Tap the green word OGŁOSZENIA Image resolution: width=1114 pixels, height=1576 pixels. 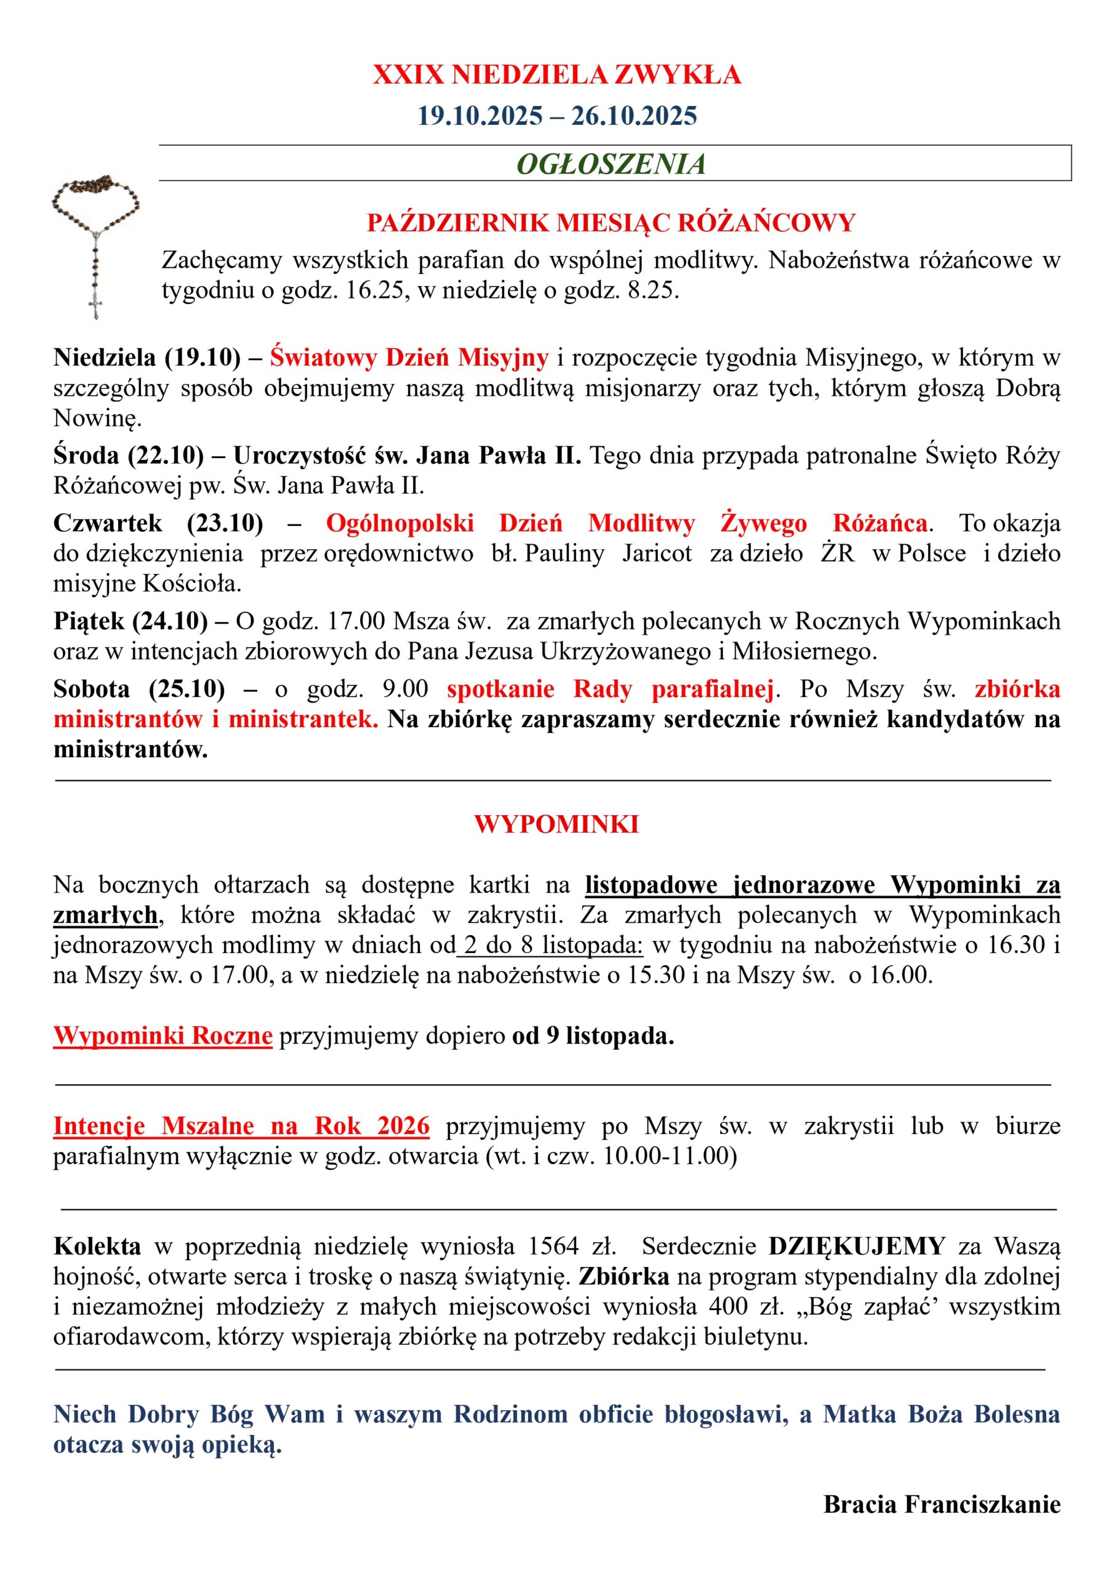coord(611,164)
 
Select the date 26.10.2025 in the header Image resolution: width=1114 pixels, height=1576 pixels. coord(633,116)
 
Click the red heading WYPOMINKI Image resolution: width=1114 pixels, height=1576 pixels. coord(556,824)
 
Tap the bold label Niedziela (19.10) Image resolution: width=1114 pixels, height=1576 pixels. coord(147,358)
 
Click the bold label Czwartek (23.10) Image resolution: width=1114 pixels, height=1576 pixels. coord(158,523)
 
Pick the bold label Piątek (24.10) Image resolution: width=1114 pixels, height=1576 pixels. coord(130,621)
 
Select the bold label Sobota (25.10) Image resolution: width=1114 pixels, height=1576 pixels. coord(138,688)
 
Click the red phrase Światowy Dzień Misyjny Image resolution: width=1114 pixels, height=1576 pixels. coord(409,358)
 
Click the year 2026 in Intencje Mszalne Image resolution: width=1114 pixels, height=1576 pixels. coord(403,1126)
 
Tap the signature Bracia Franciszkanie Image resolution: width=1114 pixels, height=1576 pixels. coord(942,1504)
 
